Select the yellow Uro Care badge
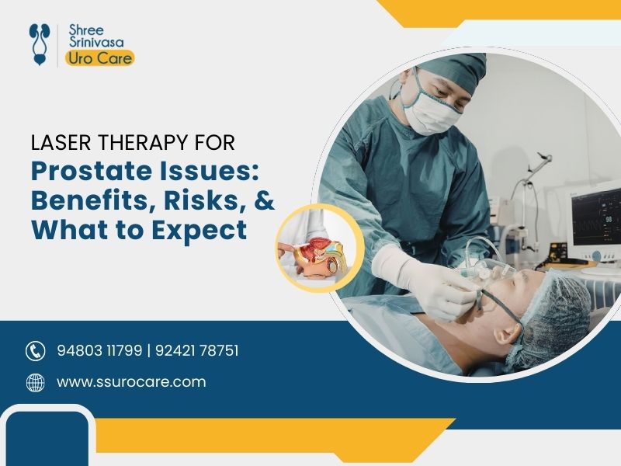99,57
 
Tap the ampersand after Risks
264,200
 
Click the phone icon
36,351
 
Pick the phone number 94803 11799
99,351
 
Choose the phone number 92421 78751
197,351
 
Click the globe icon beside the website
36,382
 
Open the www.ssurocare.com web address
131,382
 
